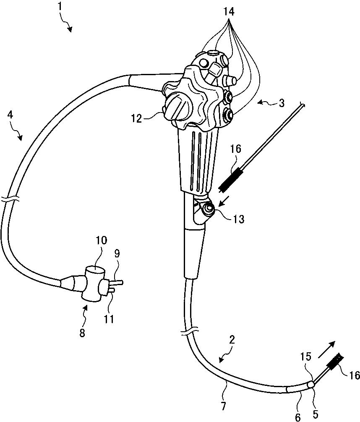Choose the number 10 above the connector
102,241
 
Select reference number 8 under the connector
82,333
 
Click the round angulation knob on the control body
176,106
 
